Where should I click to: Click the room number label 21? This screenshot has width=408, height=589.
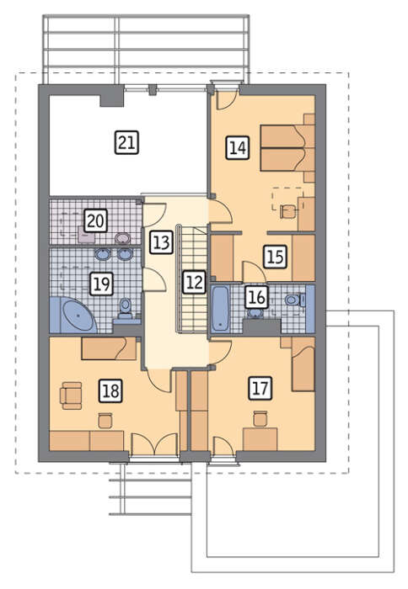click(x=126, y=142)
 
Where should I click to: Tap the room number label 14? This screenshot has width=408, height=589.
click(x=238, y=147)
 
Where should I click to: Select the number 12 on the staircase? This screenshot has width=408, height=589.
click(x=194, y=282)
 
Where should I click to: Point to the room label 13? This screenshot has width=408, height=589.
click(x=162, y=242)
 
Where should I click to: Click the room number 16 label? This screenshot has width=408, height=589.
click(x=257, y=298)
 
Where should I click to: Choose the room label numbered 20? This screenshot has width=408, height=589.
click(x=95, y=220)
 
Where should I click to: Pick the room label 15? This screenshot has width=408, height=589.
click(x=275, y=256)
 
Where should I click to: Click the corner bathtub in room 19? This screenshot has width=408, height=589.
click(x=73, y=315)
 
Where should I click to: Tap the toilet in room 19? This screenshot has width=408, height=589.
click(x=126, y=308)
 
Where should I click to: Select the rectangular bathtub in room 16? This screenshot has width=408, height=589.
click(x=220, y=309)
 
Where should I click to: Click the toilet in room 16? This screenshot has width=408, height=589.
click(x=295, y=300)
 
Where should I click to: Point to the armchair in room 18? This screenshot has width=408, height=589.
click(x=71, y=395)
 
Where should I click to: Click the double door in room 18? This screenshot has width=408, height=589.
click(x=154, y=444)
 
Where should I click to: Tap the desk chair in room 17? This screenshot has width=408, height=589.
click(x=260, y=418)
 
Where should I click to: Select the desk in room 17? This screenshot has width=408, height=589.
click(x=260, y=438)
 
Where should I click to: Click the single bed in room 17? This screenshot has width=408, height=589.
click(x=303, y=364)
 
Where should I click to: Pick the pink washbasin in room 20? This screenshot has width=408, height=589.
click(x=123, y=238)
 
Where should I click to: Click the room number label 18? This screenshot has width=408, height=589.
click(x=110, y=390)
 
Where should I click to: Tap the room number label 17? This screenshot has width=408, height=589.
click(x=260, y=388)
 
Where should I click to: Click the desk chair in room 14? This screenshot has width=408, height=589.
click(x=288, y=211)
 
